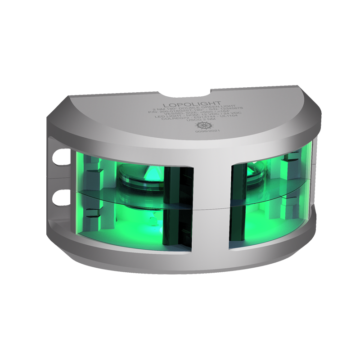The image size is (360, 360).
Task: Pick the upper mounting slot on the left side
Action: pos(58,156)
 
